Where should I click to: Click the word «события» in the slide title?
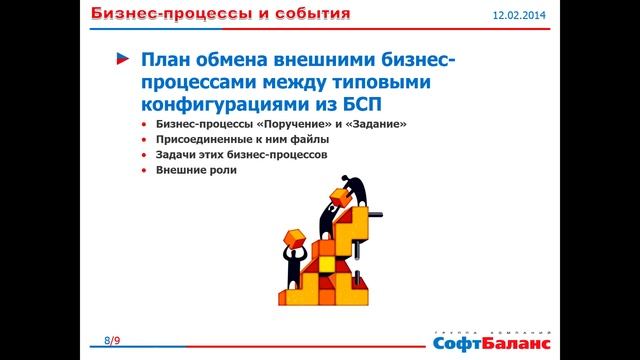point(303,14)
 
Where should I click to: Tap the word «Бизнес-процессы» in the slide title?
point(151,14)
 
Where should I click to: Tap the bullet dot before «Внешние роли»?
point(145,171)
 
